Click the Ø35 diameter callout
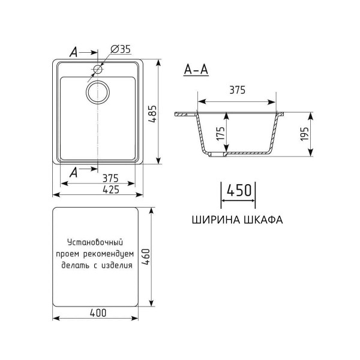[121, 50]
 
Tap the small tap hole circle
[97, 69]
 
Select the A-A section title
[196, 70]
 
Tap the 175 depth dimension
[221, 133]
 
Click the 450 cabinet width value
[238, 191]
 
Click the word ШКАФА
[262, 220]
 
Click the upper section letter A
[73, 53]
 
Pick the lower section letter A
[73, 172]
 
